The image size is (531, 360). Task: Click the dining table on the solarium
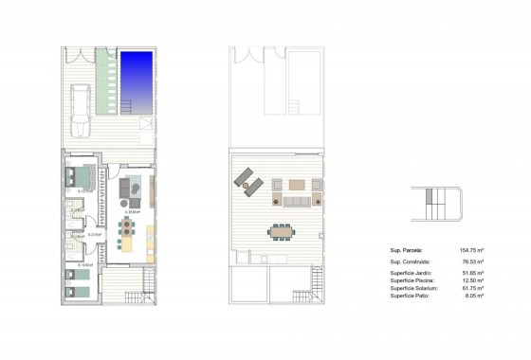coord(282,230)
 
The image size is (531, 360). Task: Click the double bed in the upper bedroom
coord(80,176)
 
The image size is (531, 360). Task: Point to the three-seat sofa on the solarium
coord(297,201)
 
